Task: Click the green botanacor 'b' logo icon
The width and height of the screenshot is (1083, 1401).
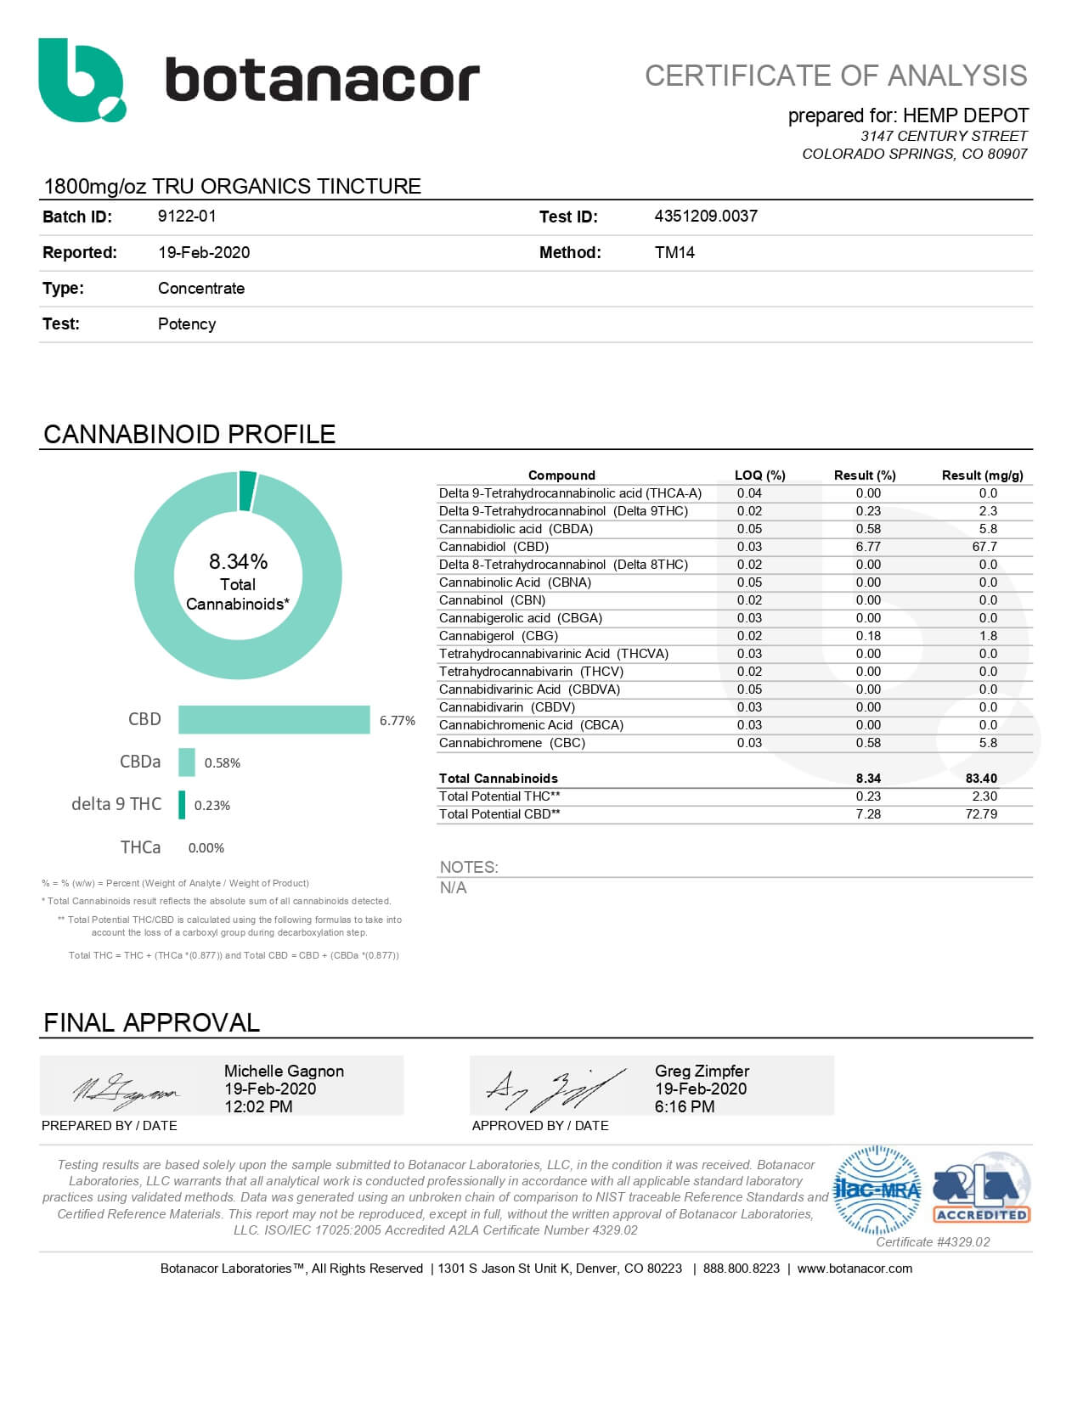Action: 80,80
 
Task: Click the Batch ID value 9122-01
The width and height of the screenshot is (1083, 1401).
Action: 187,217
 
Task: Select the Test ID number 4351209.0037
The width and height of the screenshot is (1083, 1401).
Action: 705,217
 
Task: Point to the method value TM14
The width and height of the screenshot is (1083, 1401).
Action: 674,252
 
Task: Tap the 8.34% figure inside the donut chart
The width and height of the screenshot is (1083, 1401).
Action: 238,562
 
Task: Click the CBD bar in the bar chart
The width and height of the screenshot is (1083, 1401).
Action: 274,720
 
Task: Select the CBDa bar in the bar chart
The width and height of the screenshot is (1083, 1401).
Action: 187,762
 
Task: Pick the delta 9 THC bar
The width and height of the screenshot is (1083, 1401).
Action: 182,805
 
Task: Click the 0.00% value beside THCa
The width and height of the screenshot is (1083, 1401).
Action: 206,848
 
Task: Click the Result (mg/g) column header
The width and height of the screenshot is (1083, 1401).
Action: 982,475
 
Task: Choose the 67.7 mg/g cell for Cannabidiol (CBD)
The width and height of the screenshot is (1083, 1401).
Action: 984,547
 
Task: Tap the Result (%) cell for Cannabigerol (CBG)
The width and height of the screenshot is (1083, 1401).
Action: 868,636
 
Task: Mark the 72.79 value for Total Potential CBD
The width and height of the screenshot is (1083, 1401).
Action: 981,814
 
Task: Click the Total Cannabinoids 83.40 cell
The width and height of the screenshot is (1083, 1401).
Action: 981,779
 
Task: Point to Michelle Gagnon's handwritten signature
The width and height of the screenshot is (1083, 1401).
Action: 125,1089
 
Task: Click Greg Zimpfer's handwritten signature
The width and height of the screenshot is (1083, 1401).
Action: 555,1089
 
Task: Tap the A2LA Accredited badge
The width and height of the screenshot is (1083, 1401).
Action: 981,1186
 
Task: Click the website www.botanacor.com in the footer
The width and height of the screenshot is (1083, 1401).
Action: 855,1269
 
